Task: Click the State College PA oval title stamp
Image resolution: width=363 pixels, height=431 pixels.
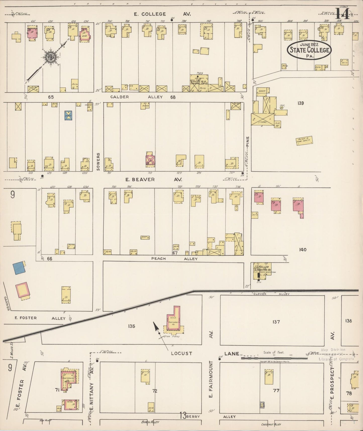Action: (309, 50)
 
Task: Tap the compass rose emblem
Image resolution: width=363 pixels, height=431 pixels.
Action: (48, 57)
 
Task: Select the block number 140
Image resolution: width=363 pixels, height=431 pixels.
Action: (303, 250)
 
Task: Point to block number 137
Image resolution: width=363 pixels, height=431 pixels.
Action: (276, 322)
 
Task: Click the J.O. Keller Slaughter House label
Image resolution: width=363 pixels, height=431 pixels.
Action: (261, 268)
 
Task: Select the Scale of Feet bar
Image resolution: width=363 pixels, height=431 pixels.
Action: (274, 358)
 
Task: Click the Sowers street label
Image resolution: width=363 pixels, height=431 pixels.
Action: (98, 162)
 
